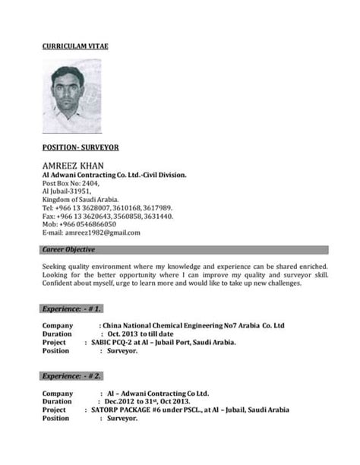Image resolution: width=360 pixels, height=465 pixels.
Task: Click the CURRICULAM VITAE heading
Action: point(75,46)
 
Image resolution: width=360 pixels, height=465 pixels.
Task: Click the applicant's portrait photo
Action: point(71,96)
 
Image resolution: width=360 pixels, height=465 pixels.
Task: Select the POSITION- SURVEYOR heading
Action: point(80,146)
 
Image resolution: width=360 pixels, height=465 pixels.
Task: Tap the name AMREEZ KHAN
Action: point(74,165)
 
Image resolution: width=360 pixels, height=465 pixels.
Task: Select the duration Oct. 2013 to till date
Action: point(141,334)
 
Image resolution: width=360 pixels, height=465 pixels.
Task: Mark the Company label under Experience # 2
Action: point(58,393)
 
